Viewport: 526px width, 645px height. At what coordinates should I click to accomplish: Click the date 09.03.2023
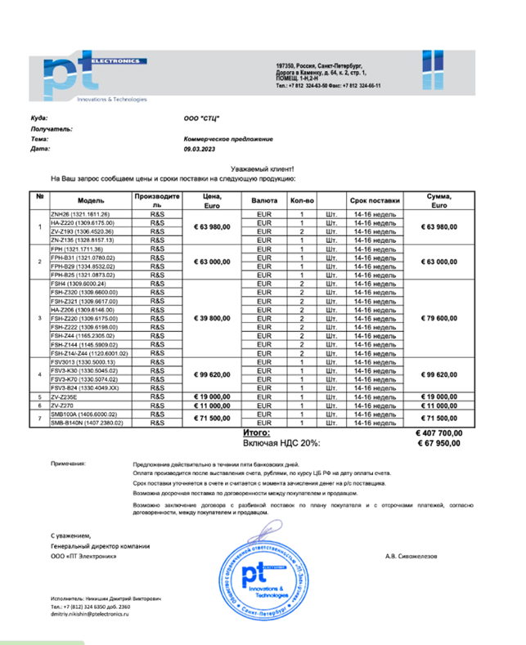point(199,150)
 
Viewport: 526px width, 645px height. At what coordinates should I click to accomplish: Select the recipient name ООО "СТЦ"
point(203,119)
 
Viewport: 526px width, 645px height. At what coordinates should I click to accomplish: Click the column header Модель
point(90,200)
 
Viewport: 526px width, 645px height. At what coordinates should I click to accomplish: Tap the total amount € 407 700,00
point(438,433)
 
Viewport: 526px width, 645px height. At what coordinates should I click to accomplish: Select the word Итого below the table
point(256,432)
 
